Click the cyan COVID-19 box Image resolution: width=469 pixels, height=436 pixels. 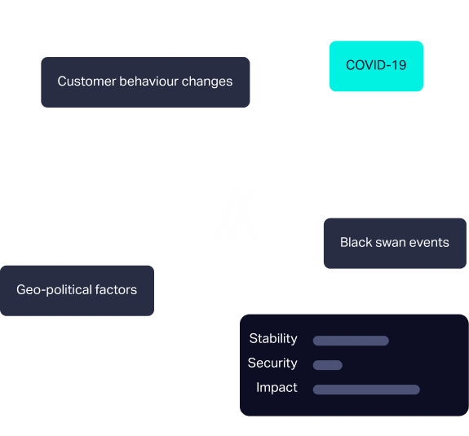(376, 66)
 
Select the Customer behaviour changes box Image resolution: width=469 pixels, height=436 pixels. (145, 82)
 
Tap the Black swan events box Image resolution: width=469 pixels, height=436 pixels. (395, 243)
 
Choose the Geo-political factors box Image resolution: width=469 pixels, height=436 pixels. (77, 290)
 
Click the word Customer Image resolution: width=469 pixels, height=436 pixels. (86, 81)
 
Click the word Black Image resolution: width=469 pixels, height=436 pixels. (356, 242)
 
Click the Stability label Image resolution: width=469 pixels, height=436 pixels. (273, 339)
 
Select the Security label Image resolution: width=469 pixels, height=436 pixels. (272, 363)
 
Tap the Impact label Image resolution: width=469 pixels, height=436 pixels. (277, 388)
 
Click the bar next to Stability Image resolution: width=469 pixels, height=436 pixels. (351, 341)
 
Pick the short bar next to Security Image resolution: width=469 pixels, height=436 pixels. (328, 365)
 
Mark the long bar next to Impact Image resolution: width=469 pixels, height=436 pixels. (366, 390)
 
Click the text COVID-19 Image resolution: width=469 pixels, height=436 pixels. (376, 65)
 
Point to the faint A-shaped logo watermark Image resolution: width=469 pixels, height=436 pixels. (236, 215)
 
